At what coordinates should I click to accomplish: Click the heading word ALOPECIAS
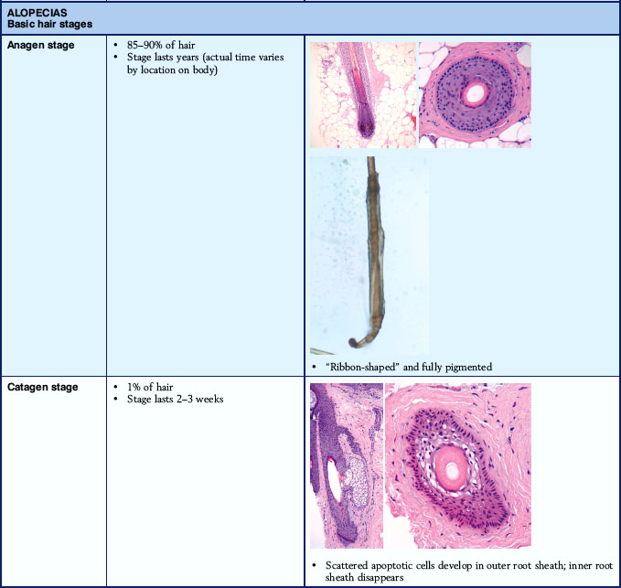pyautogui.click(x=37, y=13)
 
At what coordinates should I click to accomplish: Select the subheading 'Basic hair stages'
pyautogui.click(x=50, y=24)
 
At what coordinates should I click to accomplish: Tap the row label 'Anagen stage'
pyautogui.click(x=41, y=45)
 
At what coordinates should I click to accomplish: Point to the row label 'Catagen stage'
pyautogui.click(x=43, y=387)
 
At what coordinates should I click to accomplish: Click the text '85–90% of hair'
pyautogui.click(x=161, y=45)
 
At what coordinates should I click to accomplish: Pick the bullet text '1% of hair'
pyautogui.click(x=150, y=387)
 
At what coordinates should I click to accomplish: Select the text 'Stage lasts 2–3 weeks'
pyautogui.click(x=175, y=399)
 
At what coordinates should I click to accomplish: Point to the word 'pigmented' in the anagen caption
pyautogui.click(x=469, y=368)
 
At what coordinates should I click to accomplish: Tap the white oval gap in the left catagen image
pyautogui.click(x=334, y=480)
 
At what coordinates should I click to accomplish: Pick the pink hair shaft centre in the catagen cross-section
pyautogui.click(x=452, y=470)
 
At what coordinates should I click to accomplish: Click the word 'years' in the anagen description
pyautogui.click(x=187, y=58)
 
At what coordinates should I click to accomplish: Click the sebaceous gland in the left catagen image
pyautogui.click(x=355, y=482)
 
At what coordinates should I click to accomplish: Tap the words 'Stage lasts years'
pyautogui.click(x=163, y=58)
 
